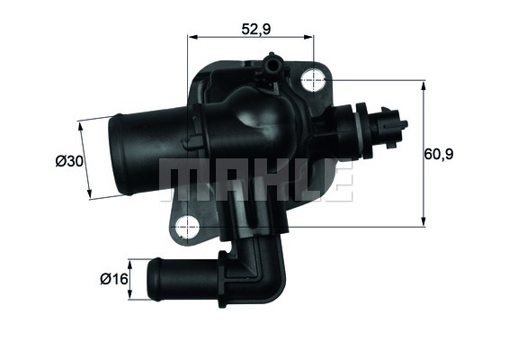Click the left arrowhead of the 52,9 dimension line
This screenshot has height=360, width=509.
point(192,38)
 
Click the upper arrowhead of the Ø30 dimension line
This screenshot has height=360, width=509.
point(81,125)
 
